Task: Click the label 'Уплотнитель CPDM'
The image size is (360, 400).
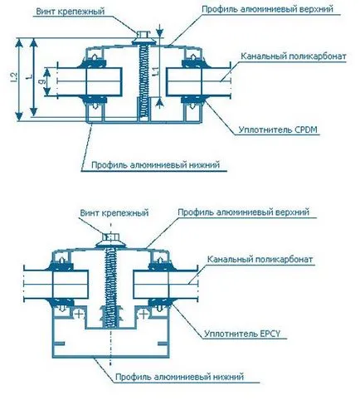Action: (278, 129)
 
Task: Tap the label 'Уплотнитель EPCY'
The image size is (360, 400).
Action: (242, 334)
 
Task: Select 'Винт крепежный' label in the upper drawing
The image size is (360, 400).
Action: (71, 12)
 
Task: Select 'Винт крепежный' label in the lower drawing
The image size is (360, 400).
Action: (114, 212)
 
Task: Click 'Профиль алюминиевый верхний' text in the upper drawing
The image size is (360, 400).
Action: (268, 9)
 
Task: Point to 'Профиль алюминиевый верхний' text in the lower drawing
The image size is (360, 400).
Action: (243, 212)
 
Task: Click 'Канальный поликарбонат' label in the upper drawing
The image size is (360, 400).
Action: (294, 56)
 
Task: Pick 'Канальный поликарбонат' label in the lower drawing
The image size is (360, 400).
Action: (260, 259)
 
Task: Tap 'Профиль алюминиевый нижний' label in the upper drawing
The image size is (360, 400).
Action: (155, 165)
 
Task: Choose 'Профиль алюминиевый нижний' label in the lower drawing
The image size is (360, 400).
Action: (179, 377)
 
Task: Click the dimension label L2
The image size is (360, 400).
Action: (14, 77)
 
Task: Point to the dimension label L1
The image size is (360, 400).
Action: (156, 71)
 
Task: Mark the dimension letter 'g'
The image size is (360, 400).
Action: (42, 81)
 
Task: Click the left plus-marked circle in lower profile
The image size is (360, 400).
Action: (79, 314)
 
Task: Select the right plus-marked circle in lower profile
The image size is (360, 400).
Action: (144, 314)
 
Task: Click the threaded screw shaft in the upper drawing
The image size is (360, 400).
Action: (144, 82)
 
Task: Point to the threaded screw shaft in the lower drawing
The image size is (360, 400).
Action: (110, 287)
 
